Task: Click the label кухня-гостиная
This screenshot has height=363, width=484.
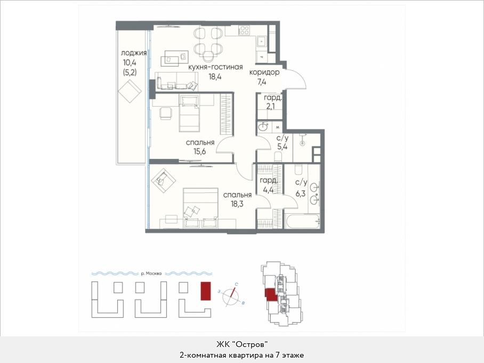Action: pyautogui.click(x=215, y=67)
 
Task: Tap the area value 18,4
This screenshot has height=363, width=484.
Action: pyautogui.click(x=215, y=77)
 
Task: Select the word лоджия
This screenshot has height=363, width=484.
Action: pyautogui.click(x=134, y=53)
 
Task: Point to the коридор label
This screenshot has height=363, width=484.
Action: pyautogui.click(x=264, y=72)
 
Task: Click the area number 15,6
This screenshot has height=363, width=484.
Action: pyautogui.click(x=200, y=151)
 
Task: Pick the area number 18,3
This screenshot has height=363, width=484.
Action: pyautogui.click(x=237, y=204)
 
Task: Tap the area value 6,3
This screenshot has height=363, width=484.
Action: pyautogui.click(x=300, y=194)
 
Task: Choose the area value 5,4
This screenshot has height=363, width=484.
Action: pyautogui.click(x=282, y=147)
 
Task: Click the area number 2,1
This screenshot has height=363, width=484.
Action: pyautogui.click(x=271, y=107)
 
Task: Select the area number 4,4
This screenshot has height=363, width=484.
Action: pyautogui.click(x=268, y=190)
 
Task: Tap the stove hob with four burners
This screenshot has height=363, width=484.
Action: pyautogui.click(x=245, y=30)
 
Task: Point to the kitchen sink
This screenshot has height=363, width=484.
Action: pyautogui.click(x=261, y=42)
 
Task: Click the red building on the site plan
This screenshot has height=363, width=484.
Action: pyautogui.click(x=206, y=291)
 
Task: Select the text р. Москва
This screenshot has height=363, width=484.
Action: pyautogui.click(x=151, y=273)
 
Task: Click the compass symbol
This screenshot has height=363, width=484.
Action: pyautogui.click(x=231, y=296)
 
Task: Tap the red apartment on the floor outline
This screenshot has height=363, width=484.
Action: pyautogui.click(x=271, y=294)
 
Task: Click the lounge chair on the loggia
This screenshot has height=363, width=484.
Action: pyautogui.click(x=130, y=91)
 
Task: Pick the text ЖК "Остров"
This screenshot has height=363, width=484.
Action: pyautogui.click(x=241, y=344)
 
